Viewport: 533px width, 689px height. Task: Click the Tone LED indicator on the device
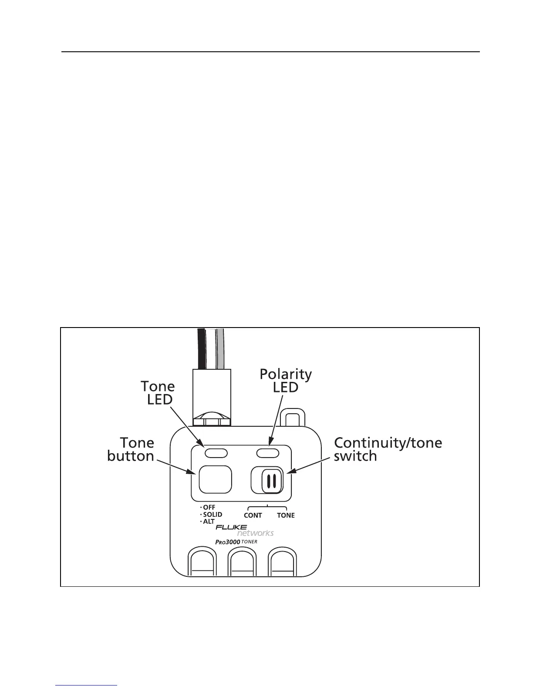point(216,453)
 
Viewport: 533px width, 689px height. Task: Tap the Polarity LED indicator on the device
point(268,453)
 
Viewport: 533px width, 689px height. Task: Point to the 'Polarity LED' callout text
point(286,381)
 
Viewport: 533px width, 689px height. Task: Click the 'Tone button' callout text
point(131,449)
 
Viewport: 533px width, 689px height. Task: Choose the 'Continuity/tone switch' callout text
point(388,449)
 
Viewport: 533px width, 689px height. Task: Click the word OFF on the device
point(209,508)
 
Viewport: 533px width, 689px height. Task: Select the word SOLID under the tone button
point(213,515)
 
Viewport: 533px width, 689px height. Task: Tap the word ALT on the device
point(209,522)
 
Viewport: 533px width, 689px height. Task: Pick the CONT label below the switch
point(253,515)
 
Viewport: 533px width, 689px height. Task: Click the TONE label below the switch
point(286,515)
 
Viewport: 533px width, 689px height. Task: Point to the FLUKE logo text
point(231,528)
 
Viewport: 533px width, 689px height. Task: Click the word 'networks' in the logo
point(255,533)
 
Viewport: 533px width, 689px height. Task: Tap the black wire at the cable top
point(201,348)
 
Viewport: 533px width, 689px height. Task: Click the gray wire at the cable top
point(221,348)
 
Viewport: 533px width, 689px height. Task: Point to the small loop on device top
point(292,418)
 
